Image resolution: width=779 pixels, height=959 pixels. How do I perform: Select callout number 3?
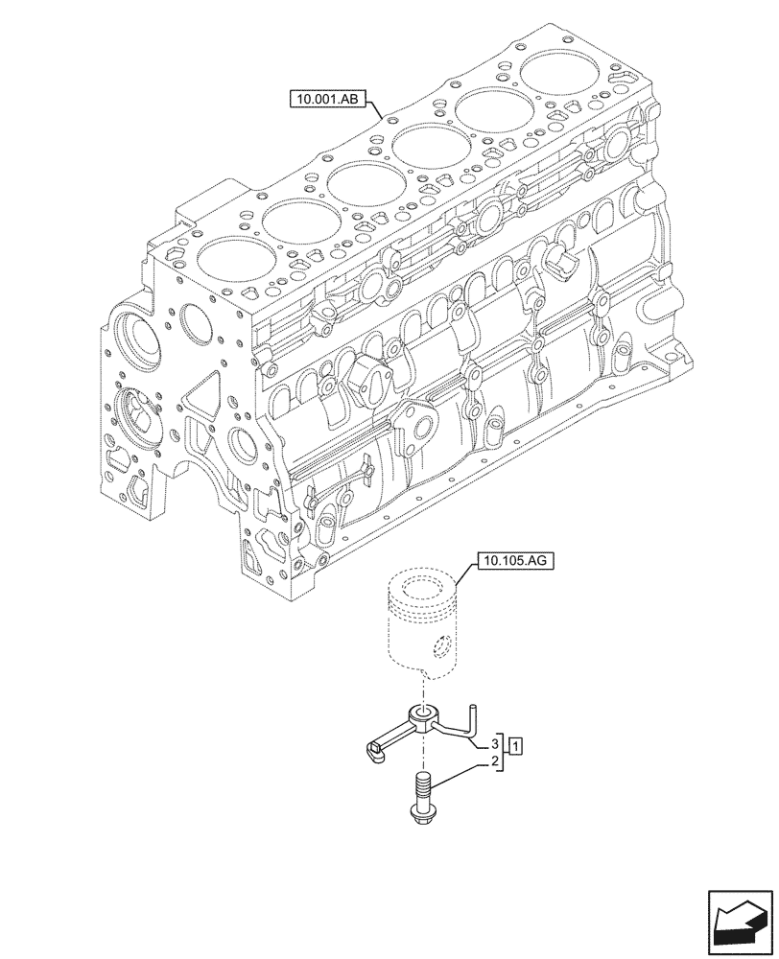(x=495, y=743)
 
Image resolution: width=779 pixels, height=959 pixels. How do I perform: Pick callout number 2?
(x=495, y=762)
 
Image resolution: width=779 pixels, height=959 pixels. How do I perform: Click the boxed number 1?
(x=515, y=744)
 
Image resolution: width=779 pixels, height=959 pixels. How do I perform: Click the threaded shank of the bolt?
(x=421, y=787)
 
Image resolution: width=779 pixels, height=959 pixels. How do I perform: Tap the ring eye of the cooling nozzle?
(x=423, y=713)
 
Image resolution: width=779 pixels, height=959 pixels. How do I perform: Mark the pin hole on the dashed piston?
(x=440, y=648)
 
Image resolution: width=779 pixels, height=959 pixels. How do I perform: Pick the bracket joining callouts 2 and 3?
(x=504, y=753)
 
